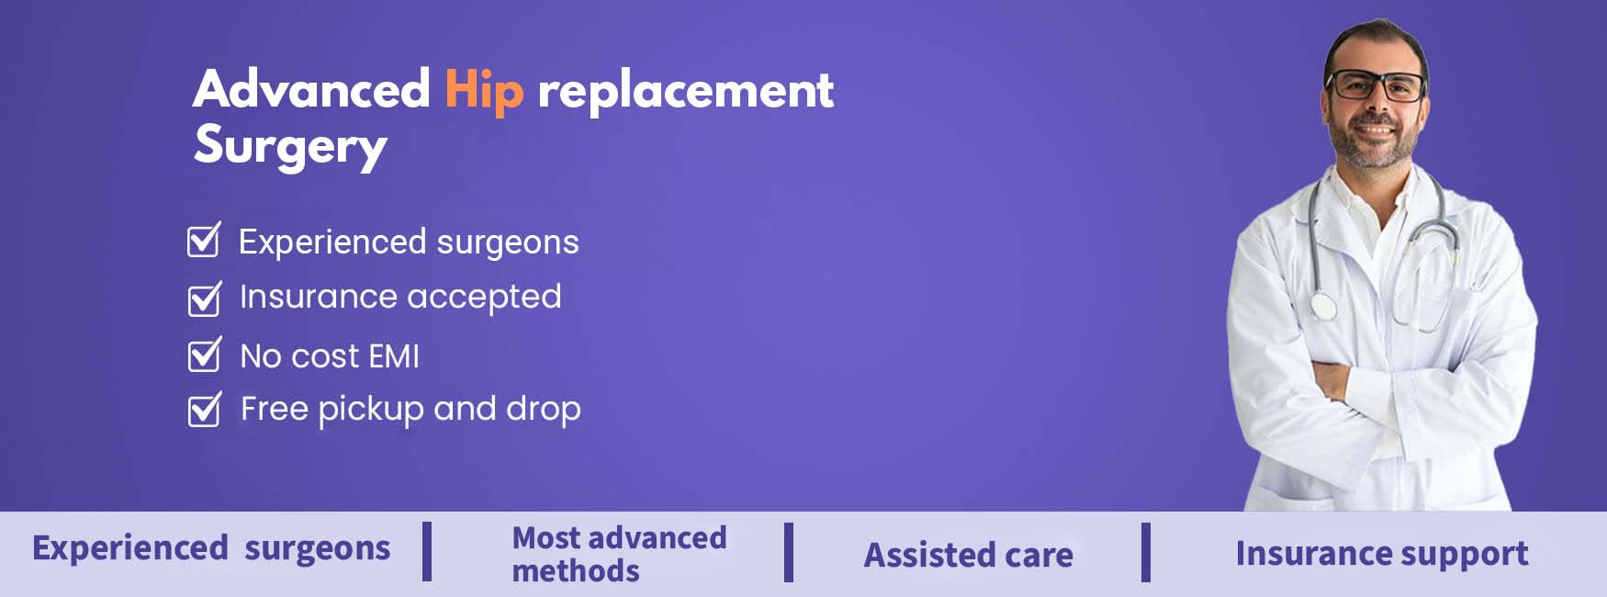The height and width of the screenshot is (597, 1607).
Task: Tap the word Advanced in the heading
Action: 311,89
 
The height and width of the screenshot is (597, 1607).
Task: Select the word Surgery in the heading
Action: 291,147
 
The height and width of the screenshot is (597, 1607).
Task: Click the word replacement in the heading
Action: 685,91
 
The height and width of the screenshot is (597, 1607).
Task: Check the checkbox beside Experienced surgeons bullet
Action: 204,240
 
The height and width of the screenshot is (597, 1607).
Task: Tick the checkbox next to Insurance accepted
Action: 204,298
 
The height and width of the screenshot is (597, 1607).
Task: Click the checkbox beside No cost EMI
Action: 204,355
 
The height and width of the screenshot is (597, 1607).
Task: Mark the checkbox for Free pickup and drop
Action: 204,410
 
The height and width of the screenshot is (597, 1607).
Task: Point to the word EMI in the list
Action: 394,356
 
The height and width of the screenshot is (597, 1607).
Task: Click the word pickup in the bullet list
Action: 371,410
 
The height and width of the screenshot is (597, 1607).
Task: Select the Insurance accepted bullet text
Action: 400,298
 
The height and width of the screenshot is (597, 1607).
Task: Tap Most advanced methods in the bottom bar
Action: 619,554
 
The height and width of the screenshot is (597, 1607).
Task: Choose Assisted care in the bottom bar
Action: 969,555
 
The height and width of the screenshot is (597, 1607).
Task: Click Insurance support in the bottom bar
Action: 1382,554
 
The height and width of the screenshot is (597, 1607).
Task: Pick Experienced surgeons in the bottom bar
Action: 211,548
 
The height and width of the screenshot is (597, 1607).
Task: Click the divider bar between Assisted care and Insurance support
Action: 1146,552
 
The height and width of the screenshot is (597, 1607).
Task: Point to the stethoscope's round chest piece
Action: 1322,306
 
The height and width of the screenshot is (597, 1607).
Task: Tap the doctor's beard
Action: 1374,147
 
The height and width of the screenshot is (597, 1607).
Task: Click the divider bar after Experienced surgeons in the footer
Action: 427,552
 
